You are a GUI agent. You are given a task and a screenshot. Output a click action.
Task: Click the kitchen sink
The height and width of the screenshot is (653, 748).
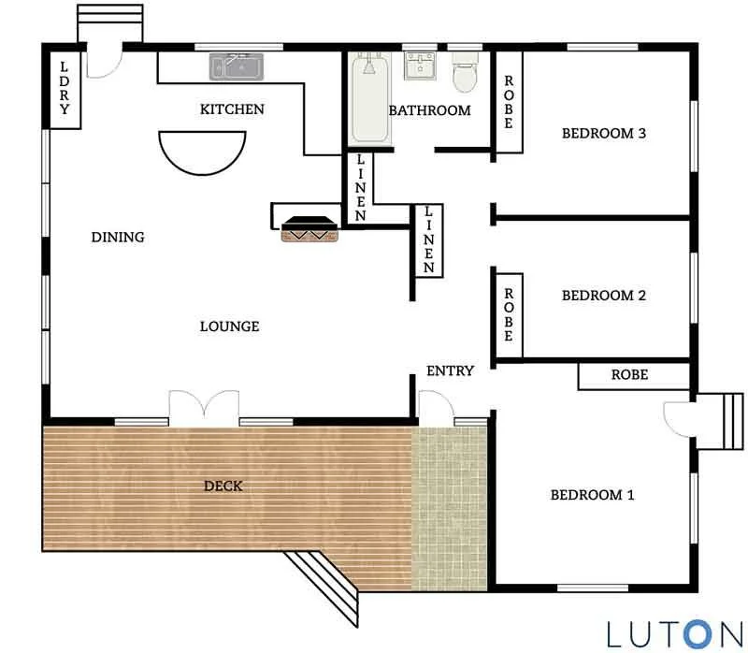[x=237, y=66]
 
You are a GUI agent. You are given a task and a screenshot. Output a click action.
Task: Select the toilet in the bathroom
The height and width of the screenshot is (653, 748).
[x=464, y=75]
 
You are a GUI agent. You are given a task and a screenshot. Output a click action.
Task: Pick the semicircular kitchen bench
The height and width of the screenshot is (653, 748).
[x=201, y=150]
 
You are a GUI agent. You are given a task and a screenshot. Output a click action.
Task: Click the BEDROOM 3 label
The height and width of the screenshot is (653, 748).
[x=604, y=133]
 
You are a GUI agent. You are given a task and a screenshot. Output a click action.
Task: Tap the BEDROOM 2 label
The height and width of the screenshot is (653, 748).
[x=604, y=296]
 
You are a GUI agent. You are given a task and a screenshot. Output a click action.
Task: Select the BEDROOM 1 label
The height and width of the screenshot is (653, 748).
[x=592, y=495]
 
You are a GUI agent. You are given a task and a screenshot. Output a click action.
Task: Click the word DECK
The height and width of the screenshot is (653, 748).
[x=223, y=486]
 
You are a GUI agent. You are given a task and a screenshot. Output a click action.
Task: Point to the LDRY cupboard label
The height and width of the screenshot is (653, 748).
[x=65, y=88]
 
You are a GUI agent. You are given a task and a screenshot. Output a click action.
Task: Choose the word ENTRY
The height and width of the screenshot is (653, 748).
[x=450, y=370]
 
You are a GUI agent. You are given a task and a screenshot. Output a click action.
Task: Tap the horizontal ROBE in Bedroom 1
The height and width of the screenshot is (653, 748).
[x=629, y=375]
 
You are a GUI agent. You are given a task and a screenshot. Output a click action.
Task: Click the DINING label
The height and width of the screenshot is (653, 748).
[x=118, y=238]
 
